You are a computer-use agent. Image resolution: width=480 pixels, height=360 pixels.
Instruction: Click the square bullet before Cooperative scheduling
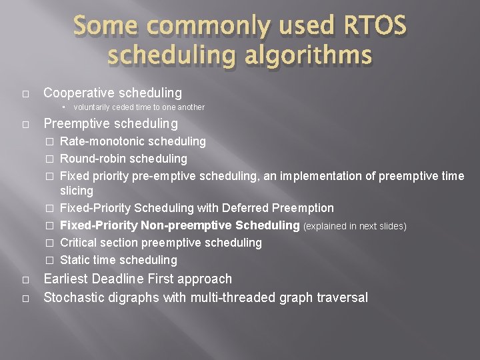(x=24, y=93)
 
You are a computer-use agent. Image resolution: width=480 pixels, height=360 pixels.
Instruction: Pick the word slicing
(x=77, y=191)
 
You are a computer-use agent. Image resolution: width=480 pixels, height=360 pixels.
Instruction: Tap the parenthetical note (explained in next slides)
(x=355, y=227)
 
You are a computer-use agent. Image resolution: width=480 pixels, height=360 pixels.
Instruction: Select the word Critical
(x=78, y=243)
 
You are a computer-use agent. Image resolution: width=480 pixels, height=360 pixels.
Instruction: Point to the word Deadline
(x=131, y=279)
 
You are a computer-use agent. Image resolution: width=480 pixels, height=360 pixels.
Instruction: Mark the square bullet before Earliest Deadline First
(x=24, y=279)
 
